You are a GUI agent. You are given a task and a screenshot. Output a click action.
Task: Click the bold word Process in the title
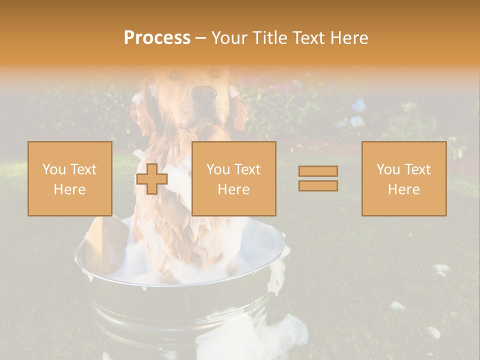157,38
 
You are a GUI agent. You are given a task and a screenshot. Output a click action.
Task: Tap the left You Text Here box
69,178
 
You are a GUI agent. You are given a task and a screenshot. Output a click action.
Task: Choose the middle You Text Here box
233,178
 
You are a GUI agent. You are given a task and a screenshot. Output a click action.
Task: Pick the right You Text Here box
403,178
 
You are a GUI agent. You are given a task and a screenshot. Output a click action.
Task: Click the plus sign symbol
152,178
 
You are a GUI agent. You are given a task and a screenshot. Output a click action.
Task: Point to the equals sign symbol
318,178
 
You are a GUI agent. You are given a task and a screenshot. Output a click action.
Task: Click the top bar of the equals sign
318,171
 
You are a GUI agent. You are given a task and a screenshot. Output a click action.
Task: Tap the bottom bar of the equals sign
318,185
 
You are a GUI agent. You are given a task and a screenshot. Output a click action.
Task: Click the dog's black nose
204,93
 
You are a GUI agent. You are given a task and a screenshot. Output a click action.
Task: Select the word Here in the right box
403,189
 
